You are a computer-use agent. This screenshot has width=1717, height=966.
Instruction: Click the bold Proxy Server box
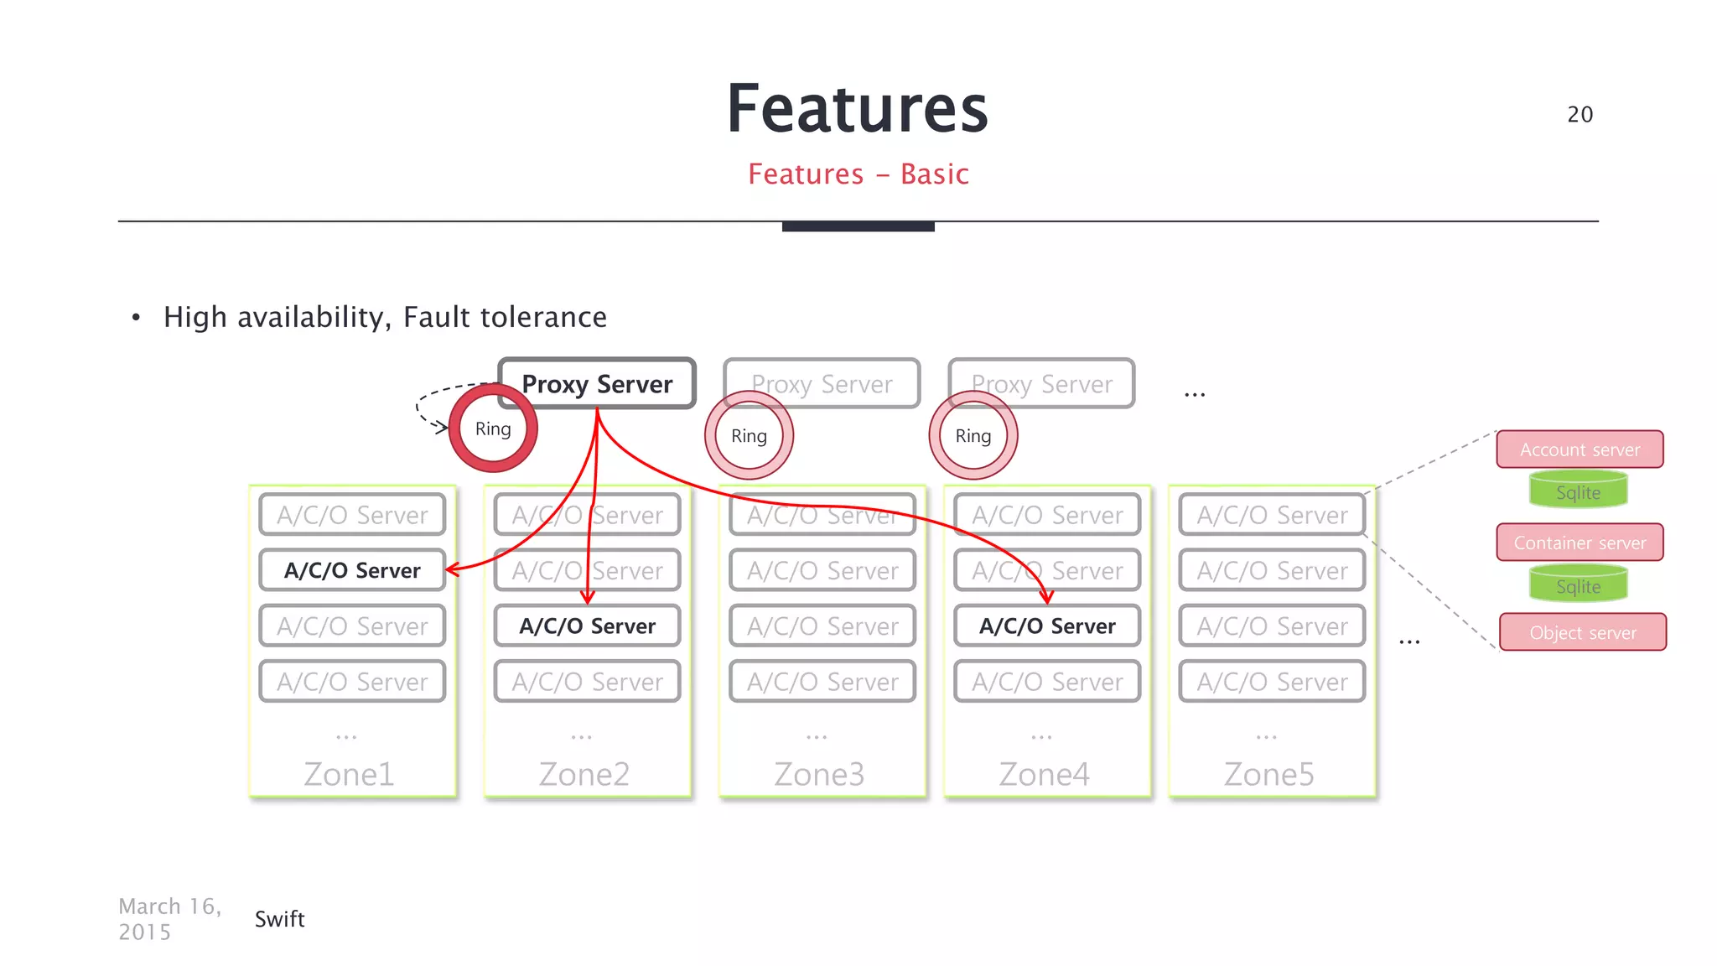coord(597,384)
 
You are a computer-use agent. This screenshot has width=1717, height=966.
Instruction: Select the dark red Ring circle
coord(493,428)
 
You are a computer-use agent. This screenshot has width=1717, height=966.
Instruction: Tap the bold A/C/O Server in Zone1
coord(352,570)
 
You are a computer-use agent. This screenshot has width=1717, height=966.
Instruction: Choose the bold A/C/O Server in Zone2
coord(587,626)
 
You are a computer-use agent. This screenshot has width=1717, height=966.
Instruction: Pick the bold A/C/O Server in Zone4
coord(1047,626)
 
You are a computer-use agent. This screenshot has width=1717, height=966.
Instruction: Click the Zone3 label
coord(818,774)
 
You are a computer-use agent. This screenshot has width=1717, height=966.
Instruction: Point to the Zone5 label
coord(1268,774)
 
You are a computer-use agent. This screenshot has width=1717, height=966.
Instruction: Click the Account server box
coord(1580,449)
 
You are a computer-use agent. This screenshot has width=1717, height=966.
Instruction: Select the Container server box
coord(1580,543)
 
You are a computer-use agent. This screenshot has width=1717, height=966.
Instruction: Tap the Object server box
coord(1582,632)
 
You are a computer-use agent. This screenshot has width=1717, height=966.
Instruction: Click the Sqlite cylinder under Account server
coord(1578,491)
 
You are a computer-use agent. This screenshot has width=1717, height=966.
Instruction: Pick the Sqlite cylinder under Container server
coord(1578,585)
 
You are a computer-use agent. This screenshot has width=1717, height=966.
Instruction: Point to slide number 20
coord(1580,114)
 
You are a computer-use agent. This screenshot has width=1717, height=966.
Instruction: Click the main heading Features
coord(858,109)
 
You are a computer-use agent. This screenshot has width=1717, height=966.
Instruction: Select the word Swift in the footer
coord(279,919)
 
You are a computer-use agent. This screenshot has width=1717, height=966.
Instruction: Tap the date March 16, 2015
coord(169,919)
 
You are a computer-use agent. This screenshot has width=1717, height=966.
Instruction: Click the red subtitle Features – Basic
coord(858,174)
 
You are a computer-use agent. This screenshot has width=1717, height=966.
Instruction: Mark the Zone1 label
coord(349,774)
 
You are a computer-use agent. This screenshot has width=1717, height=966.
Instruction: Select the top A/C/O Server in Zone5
coord(1272,515)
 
